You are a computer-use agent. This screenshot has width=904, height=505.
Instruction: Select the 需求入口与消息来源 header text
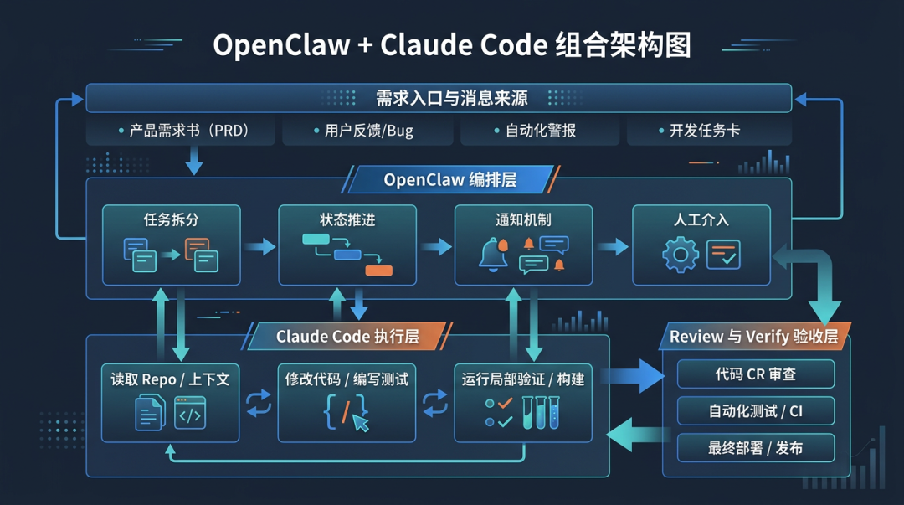pos(452,98)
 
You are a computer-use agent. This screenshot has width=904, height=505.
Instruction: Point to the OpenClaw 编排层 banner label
pos(450,180)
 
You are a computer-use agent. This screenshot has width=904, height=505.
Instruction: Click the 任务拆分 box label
pos(171,219)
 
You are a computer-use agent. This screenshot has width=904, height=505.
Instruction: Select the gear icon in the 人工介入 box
pos(680,255)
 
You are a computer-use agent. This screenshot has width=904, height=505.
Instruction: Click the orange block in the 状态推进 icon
pos(378,270)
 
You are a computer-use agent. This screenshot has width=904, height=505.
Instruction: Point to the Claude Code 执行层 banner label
pos(347,337)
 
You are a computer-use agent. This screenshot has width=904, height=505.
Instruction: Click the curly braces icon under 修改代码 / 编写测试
pos(345,412)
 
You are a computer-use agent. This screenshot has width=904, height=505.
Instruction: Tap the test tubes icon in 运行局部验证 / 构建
pos(541,412)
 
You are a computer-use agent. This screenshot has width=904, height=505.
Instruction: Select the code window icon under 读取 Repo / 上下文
pos(190,413)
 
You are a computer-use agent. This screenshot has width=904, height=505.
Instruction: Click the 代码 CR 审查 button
pos(755,374)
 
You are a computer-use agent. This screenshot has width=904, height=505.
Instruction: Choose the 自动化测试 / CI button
pos(755,411)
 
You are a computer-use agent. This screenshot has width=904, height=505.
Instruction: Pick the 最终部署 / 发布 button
pos(755,448)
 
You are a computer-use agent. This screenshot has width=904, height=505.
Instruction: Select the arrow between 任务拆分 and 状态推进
pos(259,246)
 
